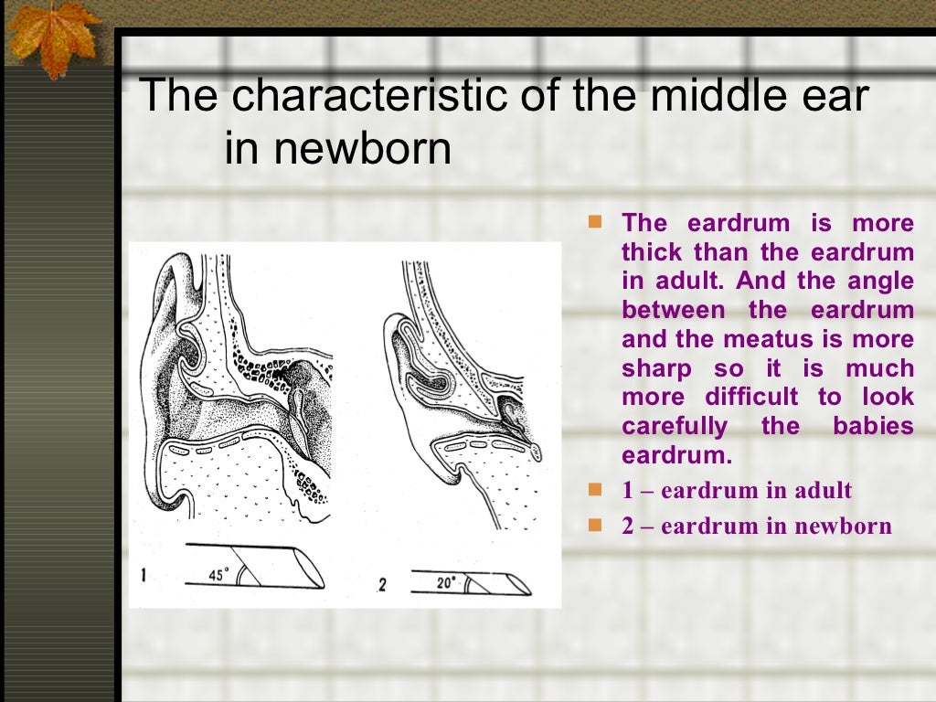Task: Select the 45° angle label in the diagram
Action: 218,575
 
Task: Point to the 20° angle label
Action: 446,581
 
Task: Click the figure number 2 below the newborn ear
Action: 382,583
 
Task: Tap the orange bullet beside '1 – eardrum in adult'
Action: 596,490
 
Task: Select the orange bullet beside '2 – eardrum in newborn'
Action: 596,525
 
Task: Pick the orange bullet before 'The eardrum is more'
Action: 596,222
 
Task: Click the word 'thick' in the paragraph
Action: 652,252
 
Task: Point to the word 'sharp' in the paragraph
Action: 653,369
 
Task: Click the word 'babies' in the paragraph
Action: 873,427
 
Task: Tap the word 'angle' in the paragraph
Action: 879,282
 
